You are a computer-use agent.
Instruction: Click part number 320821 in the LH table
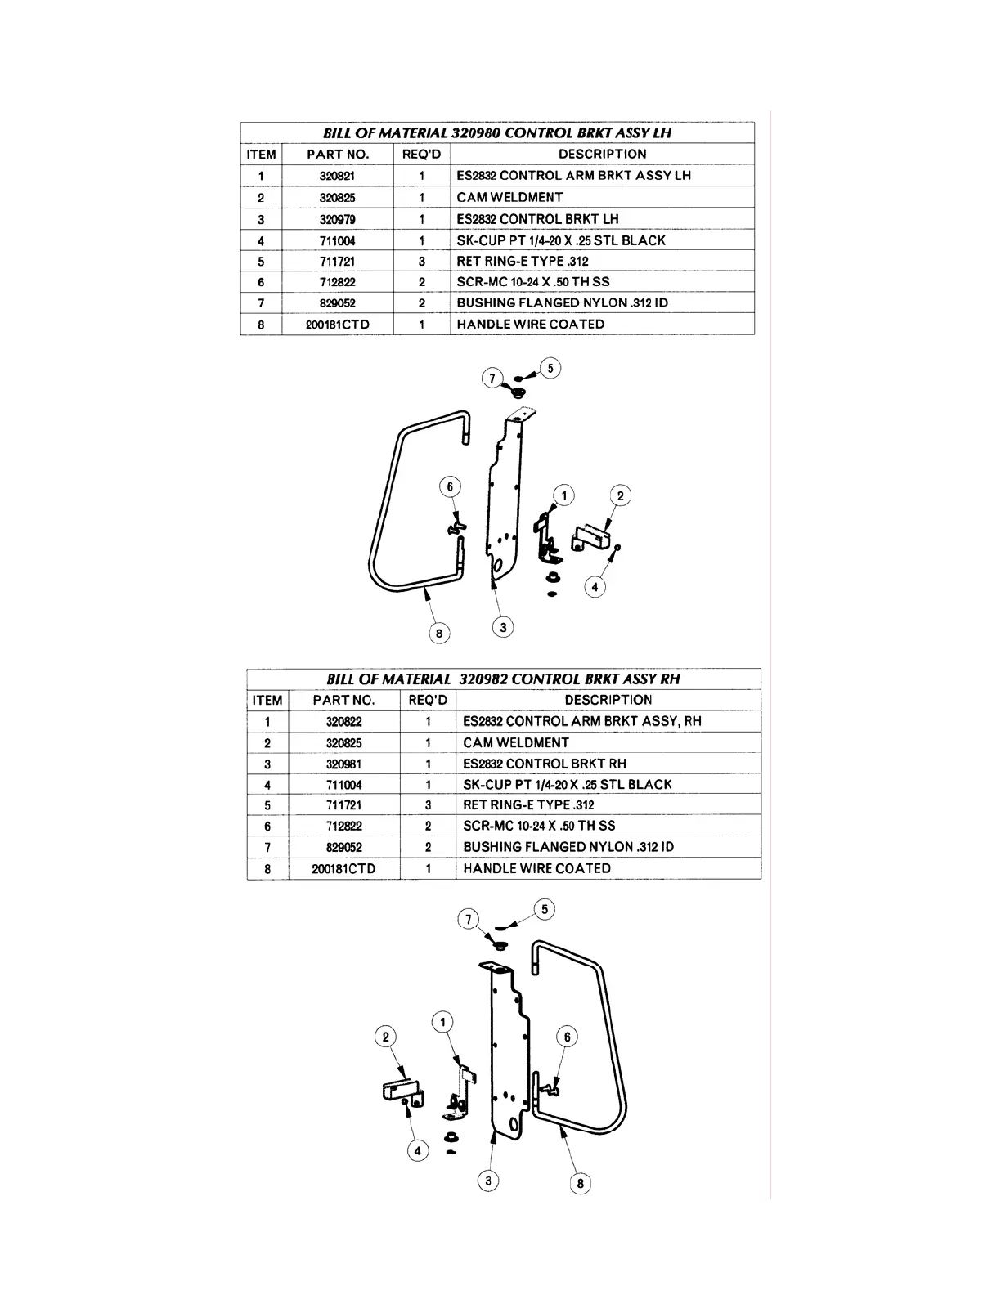337,176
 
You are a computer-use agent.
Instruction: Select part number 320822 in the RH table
343,722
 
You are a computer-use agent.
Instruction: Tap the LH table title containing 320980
497,132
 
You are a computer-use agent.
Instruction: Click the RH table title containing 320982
503,679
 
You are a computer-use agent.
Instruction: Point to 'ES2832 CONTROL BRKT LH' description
537,219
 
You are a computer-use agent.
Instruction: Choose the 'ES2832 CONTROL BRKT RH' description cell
545,764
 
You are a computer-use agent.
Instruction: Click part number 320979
337,220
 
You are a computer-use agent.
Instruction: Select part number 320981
343,764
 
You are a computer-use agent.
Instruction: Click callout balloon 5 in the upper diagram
550,369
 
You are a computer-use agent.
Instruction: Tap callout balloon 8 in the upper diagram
438,633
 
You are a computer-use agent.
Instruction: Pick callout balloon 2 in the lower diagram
385,1037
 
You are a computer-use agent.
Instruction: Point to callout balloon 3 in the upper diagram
503,627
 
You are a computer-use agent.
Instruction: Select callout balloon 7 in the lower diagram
468,920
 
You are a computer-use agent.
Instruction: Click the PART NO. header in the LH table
338,154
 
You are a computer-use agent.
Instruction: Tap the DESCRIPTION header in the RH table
608,700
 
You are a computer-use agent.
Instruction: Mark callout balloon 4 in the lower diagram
417,1151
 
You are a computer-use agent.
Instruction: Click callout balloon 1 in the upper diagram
563,495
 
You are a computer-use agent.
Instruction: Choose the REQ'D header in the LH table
421,154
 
